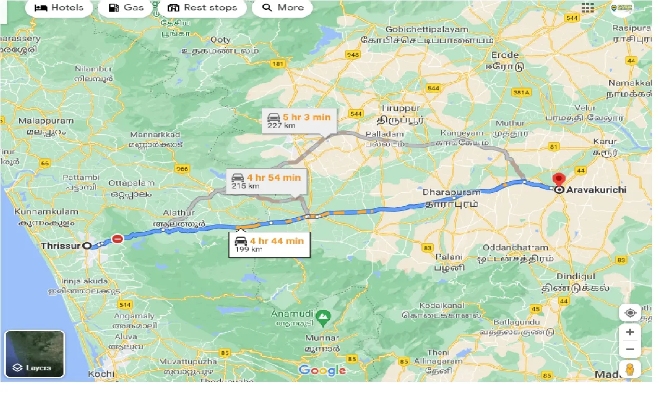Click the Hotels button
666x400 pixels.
(58, 7)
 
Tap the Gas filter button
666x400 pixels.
(125, 7)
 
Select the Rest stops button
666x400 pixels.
(203, 7)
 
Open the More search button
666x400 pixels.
(283, 7)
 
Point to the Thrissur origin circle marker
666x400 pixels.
(87, 245)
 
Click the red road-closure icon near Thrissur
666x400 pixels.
(118, 239)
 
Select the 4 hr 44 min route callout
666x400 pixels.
(269, 245)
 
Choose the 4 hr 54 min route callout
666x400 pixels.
(266, 181)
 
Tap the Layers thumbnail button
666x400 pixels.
(34, 354)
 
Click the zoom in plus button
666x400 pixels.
(630, 332)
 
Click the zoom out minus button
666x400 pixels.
(630, 349)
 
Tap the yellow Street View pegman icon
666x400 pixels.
(630, 369)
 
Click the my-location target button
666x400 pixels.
(630, 313)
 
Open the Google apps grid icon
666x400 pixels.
(588, 8)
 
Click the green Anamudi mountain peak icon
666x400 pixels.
(324, 315)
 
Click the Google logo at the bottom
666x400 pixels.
(322, 370)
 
